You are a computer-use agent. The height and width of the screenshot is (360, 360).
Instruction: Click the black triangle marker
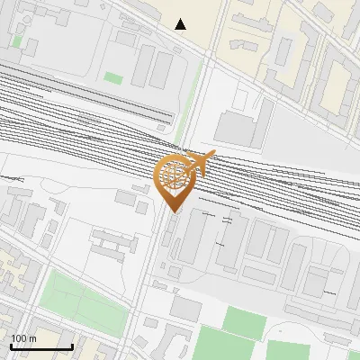(x=181, y=24)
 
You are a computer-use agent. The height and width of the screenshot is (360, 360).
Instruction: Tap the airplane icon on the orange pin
(x=203, y=163)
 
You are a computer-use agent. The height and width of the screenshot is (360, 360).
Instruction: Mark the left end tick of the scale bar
(x=11, y=346)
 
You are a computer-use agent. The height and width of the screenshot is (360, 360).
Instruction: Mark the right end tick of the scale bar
(x=72, y=346)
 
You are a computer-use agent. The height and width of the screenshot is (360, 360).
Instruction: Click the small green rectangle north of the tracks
(x=112, y=78)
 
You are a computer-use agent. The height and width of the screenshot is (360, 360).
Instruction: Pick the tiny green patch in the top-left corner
(x=17, y=40)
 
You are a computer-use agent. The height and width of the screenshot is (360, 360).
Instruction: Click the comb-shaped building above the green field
(x=112, y=242)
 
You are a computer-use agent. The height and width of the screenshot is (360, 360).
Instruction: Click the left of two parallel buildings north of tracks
(x=141, y=66)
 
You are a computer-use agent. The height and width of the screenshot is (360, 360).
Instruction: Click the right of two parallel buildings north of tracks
(x=162, y=68)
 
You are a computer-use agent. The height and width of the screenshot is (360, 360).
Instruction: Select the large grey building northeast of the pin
(x=237, y=128)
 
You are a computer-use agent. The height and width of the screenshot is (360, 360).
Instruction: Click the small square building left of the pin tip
(x=142, y=207)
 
